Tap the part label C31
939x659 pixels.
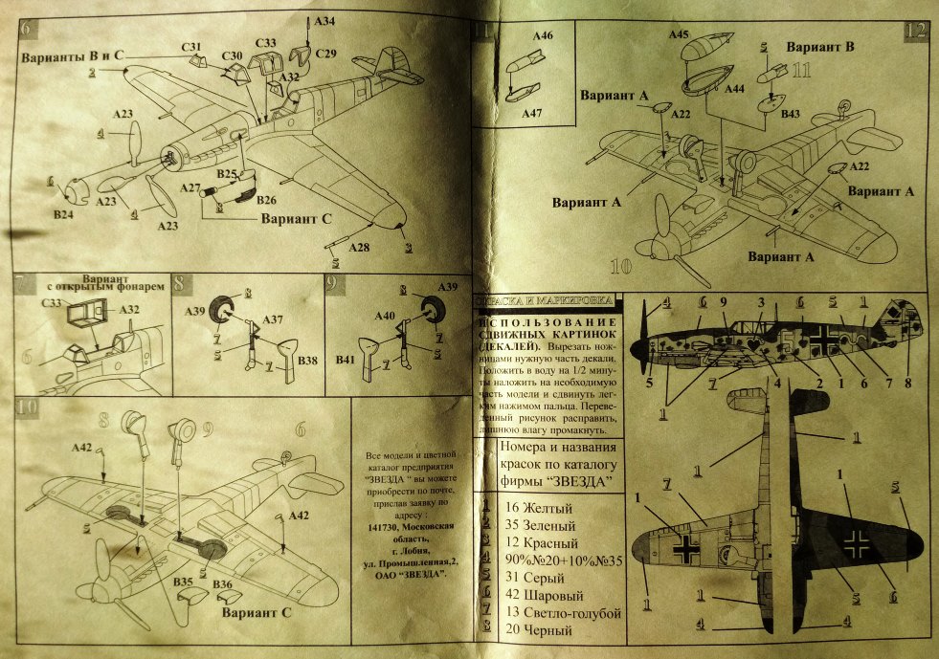pyautogui.click(x=190, y=47)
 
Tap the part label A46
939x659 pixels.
pyautogui.click(x=543, y=35)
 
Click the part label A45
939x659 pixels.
pyautogui.click(x=679, y=34)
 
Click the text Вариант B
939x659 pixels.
pyautogui.click(x=820, y=46)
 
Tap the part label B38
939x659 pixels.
pyautogui.click(x=308, y=362)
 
